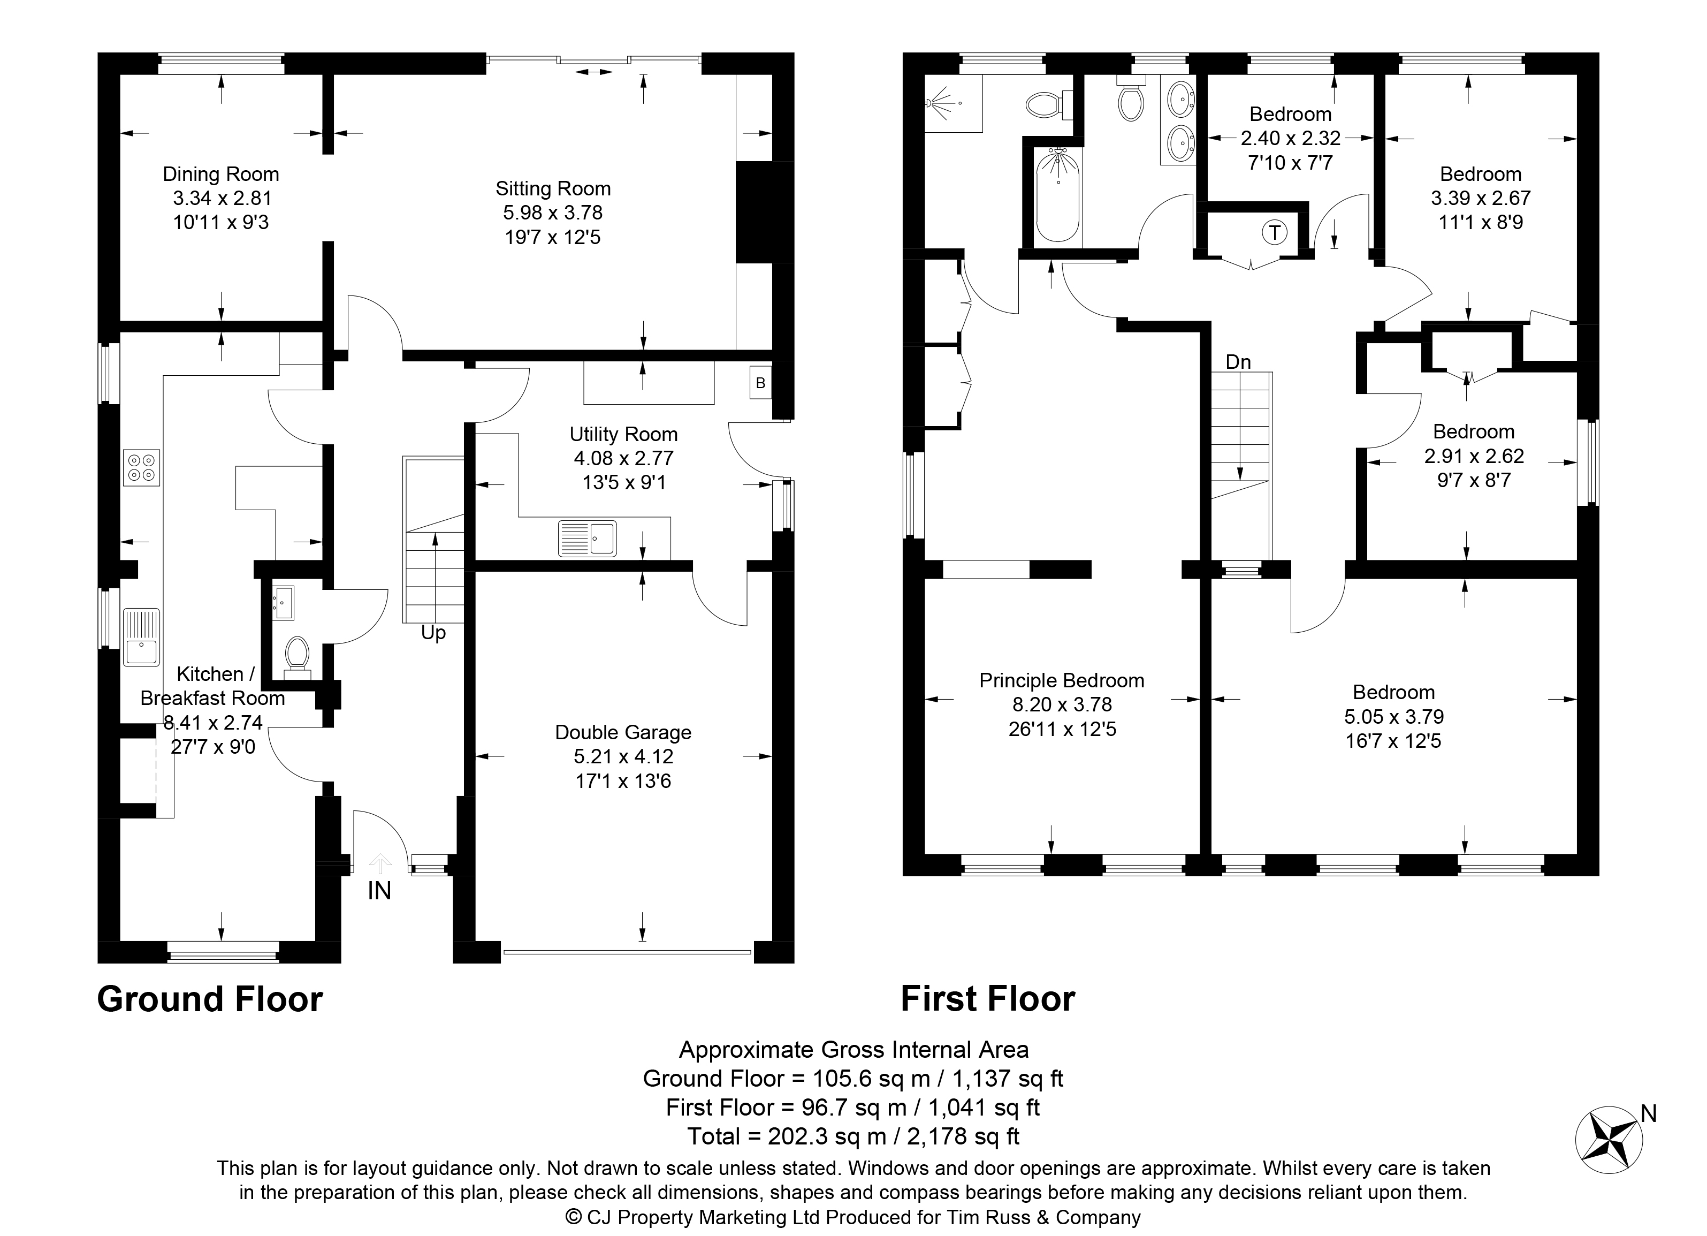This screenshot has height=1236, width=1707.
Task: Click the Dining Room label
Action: pyautogui.click(x=220, y=175)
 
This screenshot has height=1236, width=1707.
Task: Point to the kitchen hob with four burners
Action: pyautogui.click(x=141, y=467)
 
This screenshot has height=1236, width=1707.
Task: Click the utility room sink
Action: pyautogui.click(x=587, y=538)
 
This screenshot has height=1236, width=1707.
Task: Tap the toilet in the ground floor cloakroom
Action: pyautogui.click(x=296, y=654)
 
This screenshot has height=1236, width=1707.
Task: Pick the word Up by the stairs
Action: pyautogui.click(x=433, y=634)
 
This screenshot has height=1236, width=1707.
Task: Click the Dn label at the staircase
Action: pyautogui.click(x=1238, y=362)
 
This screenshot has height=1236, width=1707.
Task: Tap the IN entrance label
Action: pyautogui.click(x=379, y=891)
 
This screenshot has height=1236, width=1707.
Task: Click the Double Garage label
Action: pyautogui.click(x=623, y=732)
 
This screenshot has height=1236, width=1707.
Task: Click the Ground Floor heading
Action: pyautogui.click(x=210, y=999)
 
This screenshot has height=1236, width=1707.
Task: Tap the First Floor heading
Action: pyautogui.click(x=988, y=999)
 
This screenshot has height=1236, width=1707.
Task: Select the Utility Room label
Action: pyautogui.click(x=623, y=434)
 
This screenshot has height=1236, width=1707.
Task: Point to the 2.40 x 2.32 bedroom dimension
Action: pyautogui.click(x=1291, y=139)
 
